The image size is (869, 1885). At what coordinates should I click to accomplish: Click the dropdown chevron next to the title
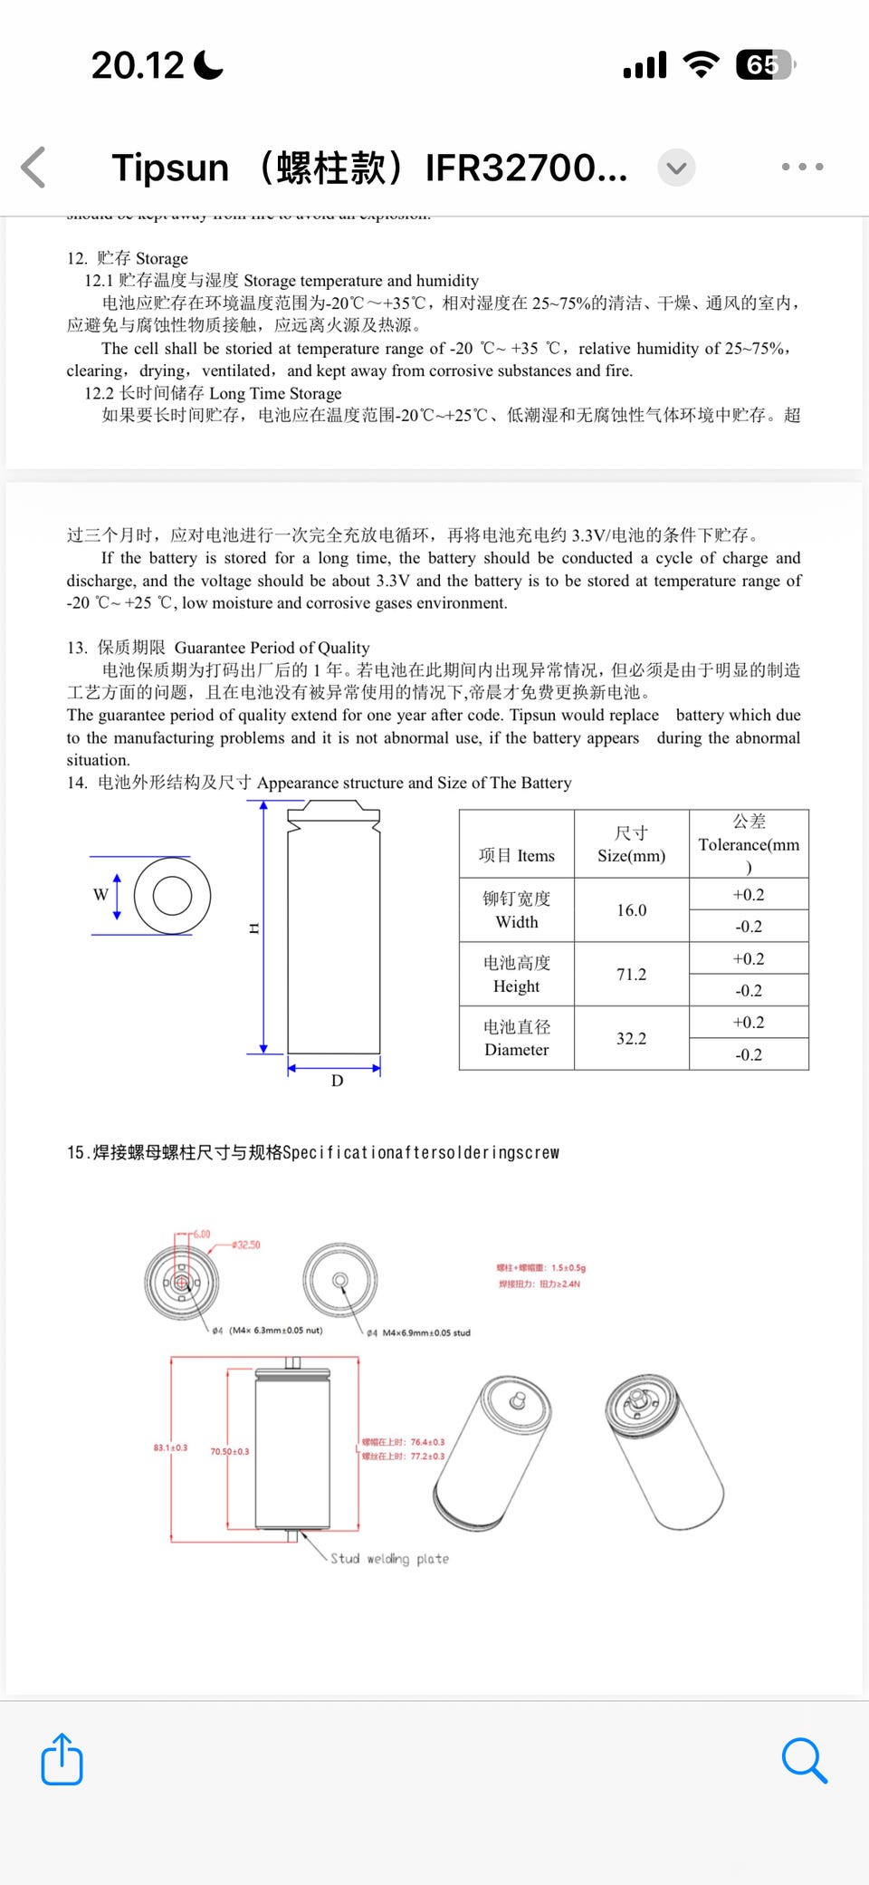676,168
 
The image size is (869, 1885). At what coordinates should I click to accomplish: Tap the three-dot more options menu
802,167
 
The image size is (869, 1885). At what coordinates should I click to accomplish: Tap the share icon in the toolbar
62,1759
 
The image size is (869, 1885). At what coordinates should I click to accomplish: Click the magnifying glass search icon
804,1759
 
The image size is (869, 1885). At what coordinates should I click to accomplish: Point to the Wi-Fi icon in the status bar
701,65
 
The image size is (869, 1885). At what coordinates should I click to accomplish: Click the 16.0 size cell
631,910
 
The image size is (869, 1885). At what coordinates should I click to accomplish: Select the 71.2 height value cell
631,975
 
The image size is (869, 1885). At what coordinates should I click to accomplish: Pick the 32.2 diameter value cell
631,1039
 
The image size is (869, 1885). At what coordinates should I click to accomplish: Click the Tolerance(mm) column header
749,844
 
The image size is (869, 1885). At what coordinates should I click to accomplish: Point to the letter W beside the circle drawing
100,895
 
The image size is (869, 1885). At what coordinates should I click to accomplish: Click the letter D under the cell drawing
337,1081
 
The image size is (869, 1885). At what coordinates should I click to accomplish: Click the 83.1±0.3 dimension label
170,1448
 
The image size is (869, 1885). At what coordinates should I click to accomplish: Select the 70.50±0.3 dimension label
230,1452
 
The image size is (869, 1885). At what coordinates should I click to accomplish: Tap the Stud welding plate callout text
389,1559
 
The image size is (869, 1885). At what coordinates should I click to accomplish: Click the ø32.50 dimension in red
245,1245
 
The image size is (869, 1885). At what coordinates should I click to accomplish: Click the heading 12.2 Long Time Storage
214,393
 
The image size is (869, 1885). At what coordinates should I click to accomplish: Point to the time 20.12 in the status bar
138,65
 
